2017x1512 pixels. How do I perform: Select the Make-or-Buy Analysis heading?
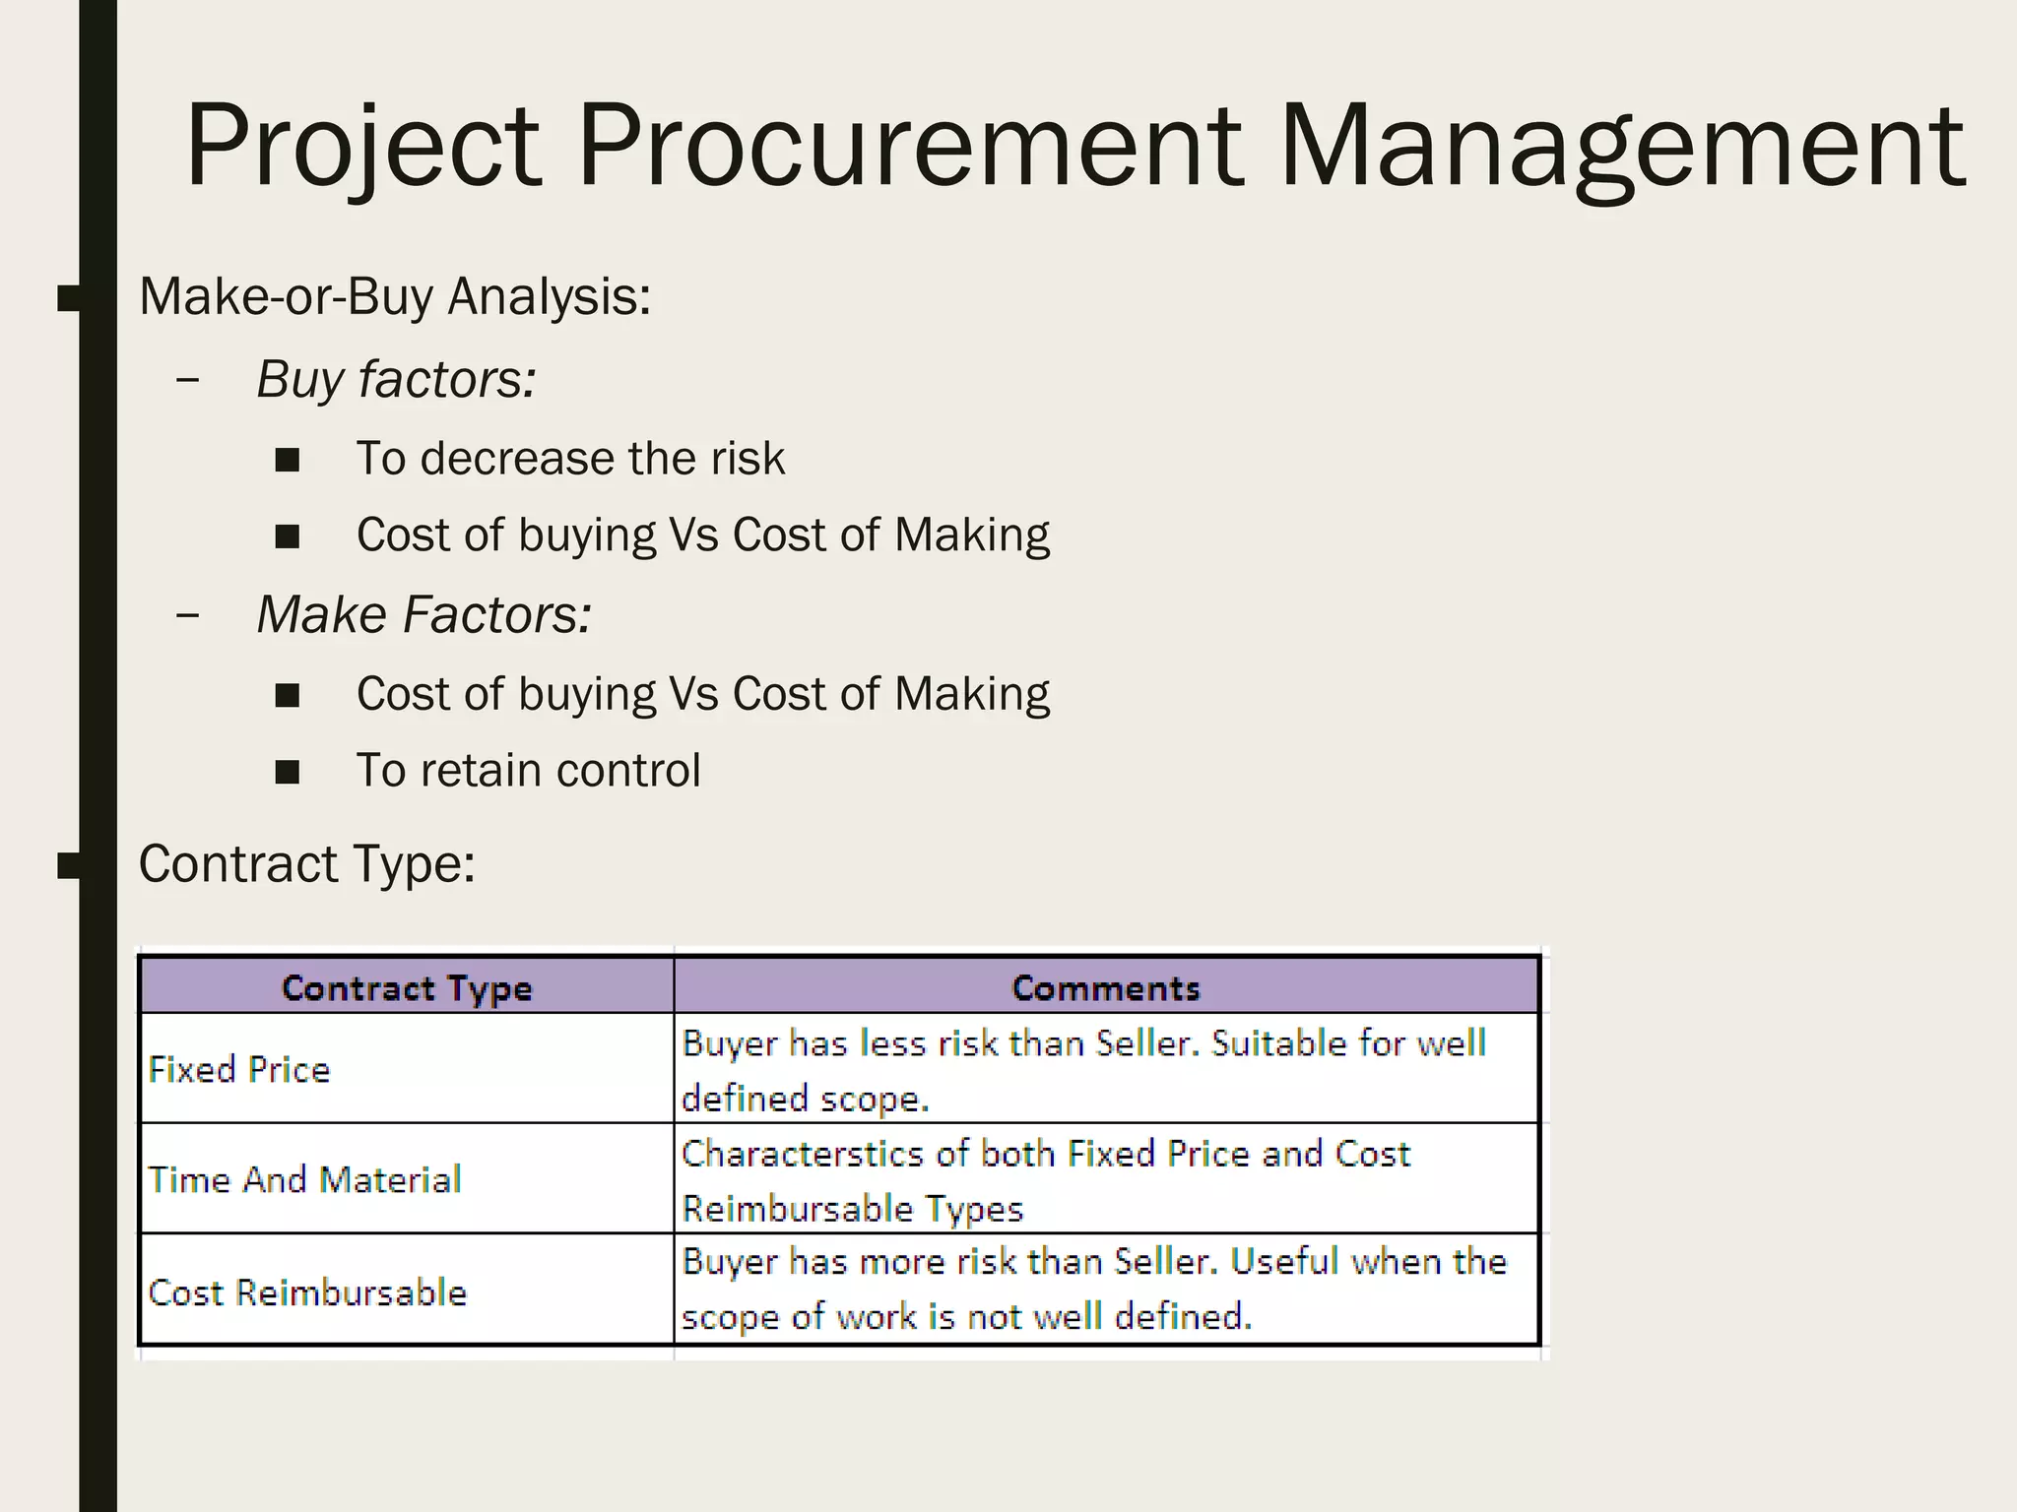click(x=395, y=296)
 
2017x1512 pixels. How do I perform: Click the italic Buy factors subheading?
click(x=396, y=380)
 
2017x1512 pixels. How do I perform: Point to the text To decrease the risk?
click(x=570, y=459)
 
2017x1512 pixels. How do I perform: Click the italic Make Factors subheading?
click(x=423, y=615)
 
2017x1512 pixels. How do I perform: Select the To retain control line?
click(x=528, y=771)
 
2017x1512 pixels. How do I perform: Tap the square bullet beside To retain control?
click(x=288, y=772)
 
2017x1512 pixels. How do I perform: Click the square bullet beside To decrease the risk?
click(x=288, y=460)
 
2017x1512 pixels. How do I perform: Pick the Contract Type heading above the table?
click(x=306, y=864)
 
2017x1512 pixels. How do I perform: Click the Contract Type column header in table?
click(x=406, y=987)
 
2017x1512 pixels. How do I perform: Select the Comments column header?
click(x=1106, y=987)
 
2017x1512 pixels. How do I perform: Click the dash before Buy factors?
click(x=186, y=381)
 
